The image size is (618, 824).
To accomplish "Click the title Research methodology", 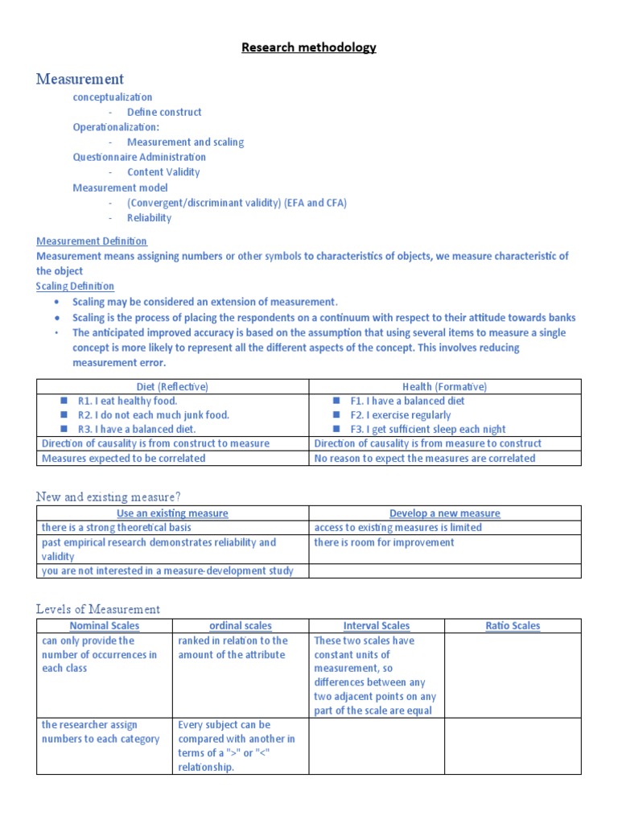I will coord(309,47).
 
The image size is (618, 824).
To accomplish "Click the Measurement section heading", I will coord(80,79).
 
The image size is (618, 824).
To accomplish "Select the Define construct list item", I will coord(164,112).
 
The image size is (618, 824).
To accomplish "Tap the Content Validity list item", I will coord(163,172).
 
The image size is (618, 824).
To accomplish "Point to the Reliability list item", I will coord(149,217).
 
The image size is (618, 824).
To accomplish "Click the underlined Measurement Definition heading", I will coord(92,241).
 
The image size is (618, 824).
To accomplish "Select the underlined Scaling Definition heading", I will coord(75,286).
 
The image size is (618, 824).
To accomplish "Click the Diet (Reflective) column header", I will coord(173,386).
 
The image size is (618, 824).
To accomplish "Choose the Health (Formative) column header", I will coord(444,386).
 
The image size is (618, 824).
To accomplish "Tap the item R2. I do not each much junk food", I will coord(153,415).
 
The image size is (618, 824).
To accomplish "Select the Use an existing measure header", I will coord(172,513).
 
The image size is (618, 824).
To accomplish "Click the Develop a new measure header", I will coord(444,513).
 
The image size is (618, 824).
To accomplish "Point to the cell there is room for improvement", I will coord(384,542).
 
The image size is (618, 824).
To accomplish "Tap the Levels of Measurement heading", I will coord(98,609).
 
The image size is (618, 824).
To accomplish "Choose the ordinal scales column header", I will coord(241,626).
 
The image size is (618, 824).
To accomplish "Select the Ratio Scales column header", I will coord(513,626).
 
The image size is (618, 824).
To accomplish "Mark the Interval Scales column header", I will coord(377,626).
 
